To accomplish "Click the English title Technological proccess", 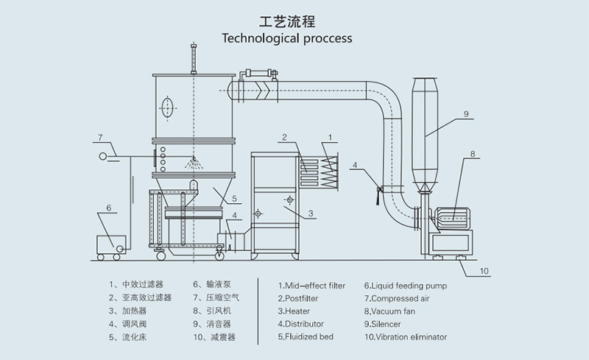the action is (x=287, y=38).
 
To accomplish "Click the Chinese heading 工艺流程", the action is (x=287, y=21).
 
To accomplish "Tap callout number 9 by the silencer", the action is (x=466, y=113).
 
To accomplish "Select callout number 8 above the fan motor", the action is (x=473, y=153).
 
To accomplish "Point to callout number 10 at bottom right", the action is (x=484, y=271).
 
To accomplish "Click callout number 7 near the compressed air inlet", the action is (x=100, y=138).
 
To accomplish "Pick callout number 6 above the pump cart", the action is (x=108, y=208).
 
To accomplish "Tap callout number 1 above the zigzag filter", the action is (x=330, y=137).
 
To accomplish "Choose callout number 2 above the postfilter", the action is (x=284, y=137).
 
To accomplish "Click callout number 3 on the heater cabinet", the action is (x=311, y=213).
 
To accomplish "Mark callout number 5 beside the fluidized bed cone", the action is (x=234, y=199).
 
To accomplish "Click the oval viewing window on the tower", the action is (x=168, y=107).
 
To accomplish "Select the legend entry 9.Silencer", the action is (x=382, y=324).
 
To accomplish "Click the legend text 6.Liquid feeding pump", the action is (x=406, y=286).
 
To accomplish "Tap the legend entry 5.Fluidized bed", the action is (x=306, y=336).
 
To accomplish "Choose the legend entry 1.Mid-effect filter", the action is (x=311, y=286).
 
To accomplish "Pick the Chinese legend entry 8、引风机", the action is (x=212, y=311).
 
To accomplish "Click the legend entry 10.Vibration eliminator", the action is (x=406, y=337).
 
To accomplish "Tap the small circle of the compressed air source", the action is (x=102, y=156).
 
